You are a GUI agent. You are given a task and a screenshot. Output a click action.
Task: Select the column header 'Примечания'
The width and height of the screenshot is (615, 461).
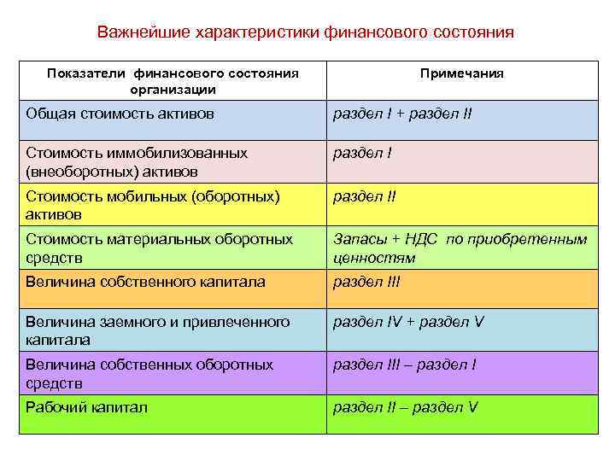click(461, 73)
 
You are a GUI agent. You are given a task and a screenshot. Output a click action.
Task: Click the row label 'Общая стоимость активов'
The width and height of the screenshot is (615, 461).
click(120, 114)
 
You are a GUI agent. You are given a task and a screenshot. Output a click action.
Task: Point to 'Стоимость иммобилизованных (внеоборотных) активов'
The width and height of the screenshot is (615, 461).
click(137, 161)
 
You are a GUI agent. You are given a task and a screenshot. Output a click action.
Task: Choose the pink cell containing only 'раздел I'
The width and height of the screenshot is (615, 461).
click(362, 154)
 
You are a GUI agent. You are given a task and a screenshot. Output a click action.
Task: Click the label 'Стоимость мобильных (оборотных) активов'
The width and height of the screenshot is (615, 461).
click(152, 204)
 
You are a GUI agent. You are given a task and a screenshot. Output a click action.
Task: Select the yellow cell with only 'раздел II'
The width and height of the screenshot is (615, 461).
click(365, 196)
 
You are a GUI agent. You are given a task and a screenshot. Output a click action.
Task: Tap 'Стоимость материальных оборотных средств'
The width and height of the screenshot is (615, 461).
click(159, 248)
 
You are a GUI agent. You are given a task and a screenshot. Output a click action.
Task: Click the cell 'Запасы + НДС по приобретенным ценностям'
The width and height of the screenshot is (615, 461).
click(460, 248)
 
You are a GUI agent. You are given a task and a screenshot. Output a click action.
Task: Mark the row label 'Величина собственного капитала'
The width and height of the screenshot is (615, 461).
click(145, 282)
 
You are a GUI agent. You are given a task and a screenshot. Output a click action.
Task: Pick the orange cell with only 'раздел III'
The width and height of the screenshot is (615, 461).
click(366, 282)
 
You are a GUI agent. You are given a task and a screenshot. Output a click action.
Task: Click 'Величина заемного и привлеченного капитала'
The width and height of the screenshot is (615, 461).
click(158, 330)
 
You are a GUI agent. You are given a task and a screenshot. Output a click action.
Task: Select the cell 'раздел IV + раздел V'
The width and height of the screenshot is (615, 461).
click(408, 323)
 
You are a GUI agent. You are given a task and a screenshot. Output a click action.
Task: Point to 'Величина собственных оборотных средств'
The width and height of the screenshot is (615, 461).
click(149, 373)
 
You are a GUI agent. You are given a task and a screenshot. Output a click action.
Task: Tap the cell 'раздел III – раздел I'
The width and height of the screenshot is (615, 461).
click(404, 365)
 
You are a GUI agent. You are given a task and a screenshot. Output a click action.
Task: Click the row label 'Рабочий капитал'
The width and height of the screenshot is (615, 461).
click(86, 408)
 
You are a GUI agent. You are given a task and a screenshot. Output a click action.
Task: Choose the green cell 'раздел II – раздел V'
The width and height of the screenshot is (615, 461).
click(405, 408)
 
